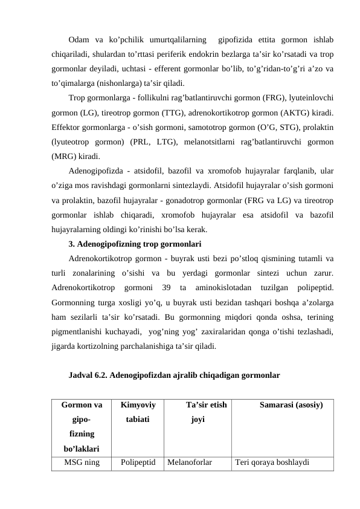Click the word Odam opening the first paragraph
tap(79, 41)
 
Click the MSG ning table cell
tap(82, 463)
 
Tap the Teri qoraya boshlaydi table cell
tap(272, 463)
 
